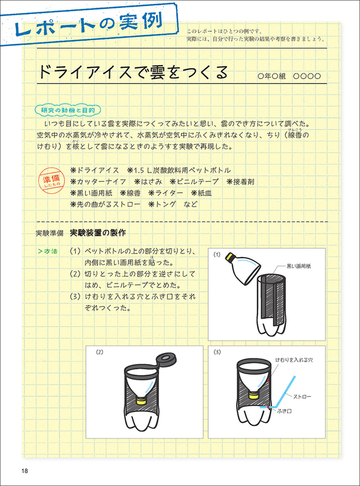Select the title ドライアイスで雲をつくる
pos(131,73)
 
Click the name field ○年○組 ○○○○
pos(292,77)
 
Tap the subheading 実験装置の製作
pos(98,233)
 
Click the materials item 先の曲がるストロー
pos(106,204)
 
